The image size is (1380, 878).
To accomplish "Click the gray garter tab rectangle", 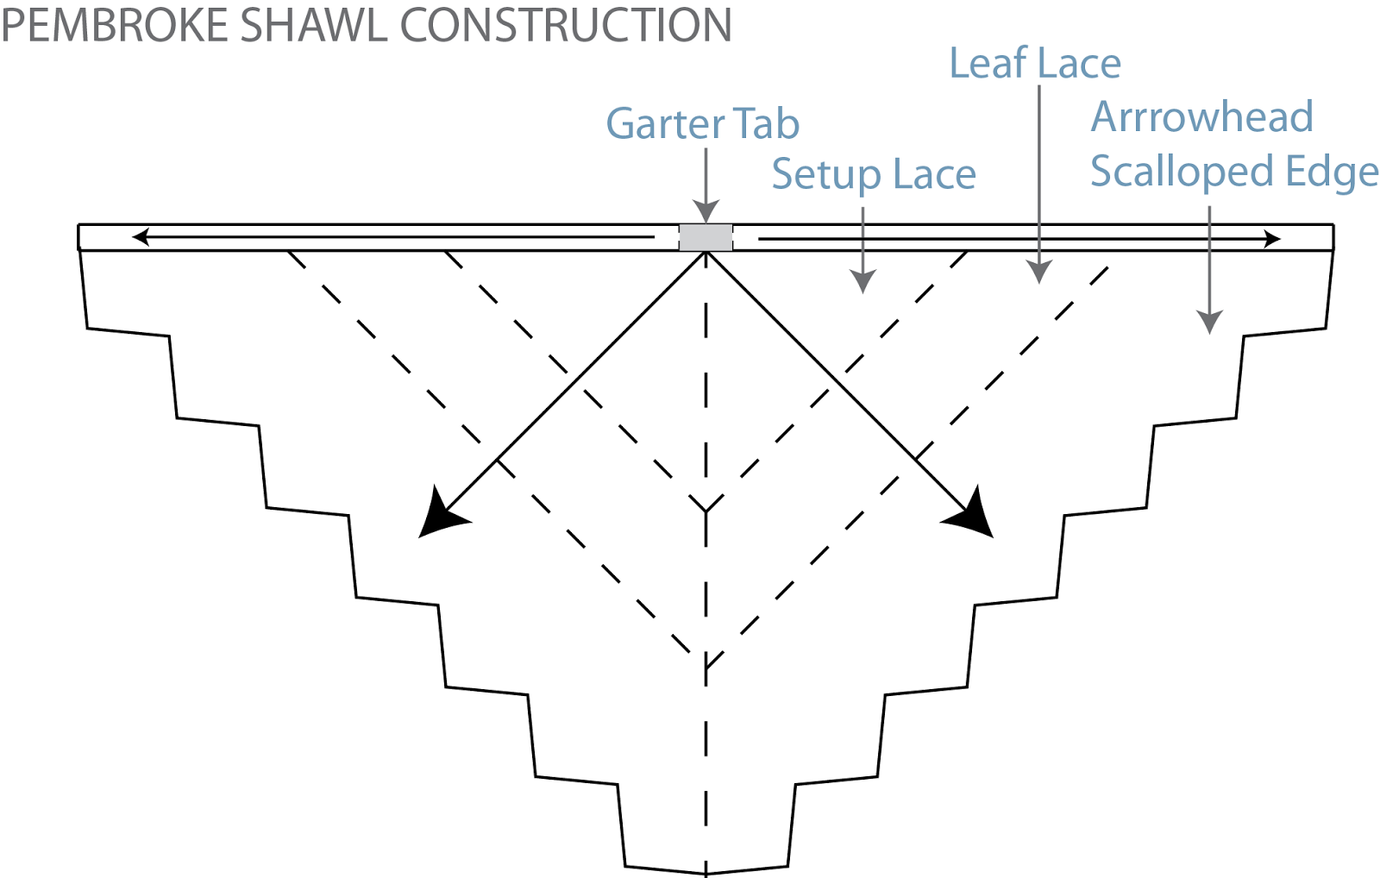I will [706, 237].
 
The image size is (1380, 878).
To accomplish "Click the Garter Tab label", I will [702, 123].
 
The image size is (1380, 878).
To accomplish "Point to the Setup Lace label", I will [873, 174].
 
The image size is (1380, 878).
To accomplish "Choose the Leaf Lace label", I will [1034, 64].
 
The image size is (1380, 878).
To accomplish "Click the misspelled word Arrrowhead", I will [1201, 117].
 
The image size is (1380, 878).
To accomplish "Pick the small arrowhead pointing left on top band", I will [140, 236].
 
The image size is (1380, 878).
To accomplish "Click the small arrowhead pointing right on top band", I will [1272, 239].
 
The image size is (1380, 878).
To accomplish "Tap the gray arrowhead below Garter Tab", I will [706, 212].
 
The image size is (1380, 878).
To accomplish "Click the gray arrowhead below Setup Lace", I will [862, 280].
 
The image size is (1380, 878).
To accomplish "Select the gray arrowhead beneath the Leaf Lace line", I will [1040, 272].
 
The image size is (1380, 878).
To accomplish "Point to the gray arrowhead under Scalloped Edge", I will [1209, 322].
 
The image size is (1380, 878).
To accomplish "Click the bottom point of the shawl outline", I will [706, 873].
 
